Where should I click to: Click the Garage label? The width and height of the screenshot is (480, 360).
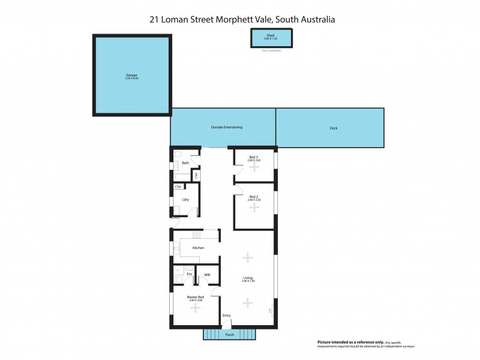(131, 75)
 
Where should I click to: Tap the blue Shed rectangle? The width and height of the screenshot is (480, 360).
(271, 37)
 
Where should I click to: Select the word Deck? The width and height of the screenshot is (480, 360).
(334, 128)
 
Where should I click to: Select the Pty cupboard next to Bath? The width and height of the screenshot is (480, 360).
(196, 175)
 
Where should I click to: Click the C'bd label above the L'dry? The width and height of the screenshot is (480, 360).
(178, 187)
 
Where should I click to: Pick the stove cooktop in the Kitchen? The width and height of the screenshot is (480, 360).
(196, 235)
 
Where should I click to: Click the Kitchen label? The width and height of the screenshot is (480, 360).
(198, 248)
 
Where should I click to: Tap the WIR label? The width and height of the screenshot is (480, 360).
(207, 275)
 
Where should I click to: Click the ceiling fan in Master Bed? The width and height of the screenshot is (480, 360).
(194, 308)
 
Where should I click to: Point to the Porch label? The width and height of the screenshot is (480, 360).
(229, 335)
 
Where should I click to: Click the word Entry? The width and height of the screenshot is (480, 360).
(226, 316)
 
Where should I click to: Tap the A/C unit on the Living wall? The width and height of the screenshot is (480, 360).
(272, 311)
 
